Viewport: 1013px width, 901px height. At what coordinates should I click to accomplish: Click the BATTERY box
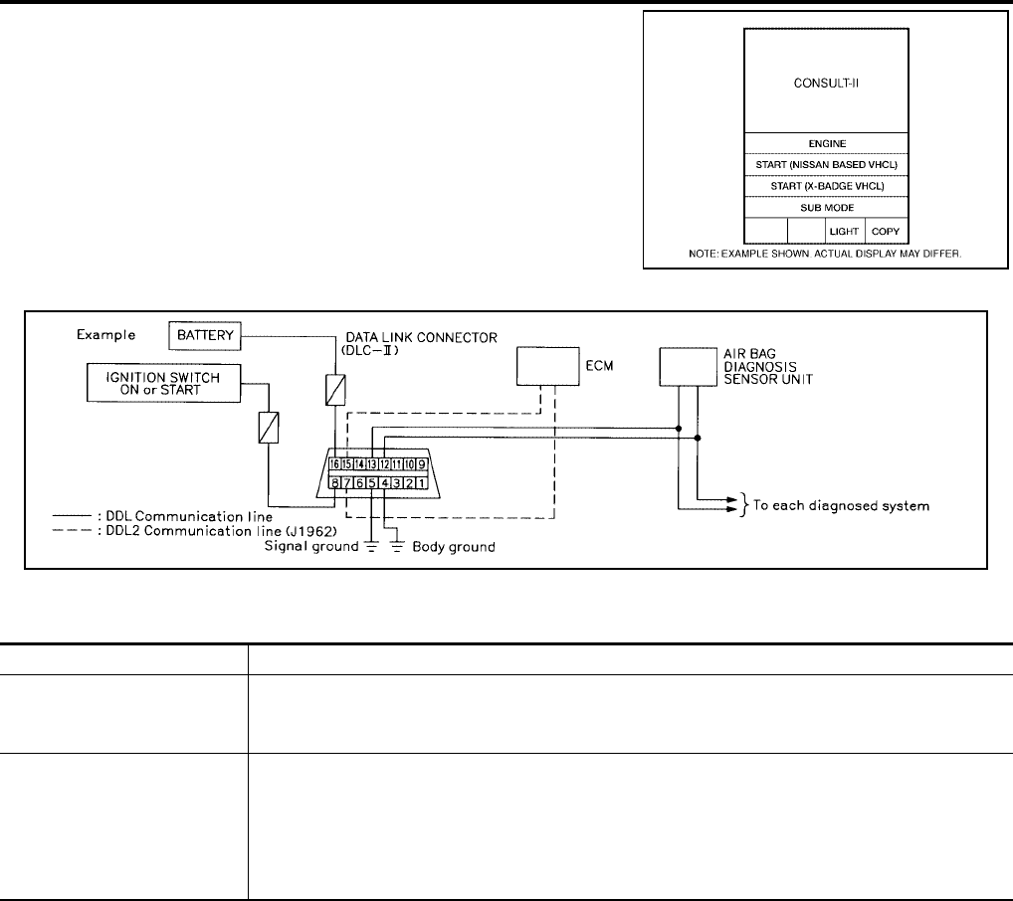pos(206,336)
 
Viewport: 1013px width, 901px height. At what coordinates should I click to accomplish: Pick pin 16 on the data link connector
pos(335,463)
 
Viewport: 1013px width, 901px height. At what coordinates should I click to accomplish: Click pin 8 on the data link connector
pos(335,483)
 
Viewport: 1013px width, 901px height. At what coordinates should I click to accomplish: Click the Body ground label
pos(454,547)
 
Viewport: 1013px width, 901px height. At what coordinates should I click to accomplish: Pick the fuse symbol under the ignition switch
pos(269,428)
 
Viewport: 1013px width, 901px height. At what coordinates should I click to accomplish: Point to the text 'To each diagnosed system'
pos(841,506)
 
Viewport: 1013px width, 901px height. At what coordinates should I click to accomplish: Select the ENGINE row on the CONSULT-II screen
pos(826,143)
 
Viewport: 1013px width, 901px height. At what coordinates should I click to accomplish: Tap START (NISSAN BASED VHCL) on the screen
pos(826,165)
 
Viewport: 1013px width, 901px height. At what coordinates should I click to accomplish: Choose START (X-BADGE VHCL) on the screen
pos(826,187)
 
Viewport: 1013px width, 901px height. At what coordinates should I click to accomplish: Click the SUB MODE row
pos(826,209)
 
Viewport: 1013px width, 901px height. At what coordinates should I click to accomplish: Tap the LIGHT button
pos(845,231)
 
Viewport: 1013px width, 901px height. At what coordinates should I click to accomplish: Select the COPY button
pos(886,231)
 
